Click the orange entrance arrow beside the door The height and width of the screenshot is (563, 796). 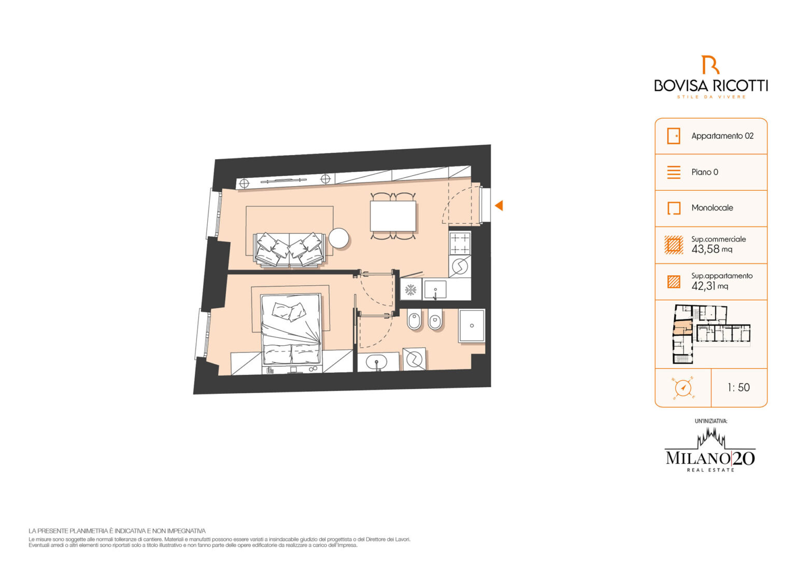(x=499, y=205)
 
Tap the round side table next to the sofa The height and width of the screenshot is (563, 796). (x=338, y=238)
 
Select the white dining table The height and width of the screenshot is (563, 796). (x=393, y=216)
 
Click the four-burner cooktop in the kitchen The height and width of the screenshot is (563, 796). (x=460, y=243)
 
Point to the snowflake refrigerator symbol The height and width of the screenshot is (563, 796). (x=411, y=290)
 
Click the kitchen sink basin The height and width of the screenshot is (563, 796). (x=435, y=289)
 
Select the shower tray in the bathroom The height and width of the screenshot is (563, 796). (x=472, y=326)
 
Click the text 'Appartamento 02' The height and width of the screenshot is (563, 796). (x=722, y=136)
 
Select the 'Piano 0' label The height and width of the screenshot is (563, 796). (x=705, y=172)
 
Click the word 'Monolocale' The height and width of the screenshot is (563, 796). (x=712, y=207)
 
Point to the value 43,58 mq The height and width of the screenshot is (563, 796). (x=712, y=249)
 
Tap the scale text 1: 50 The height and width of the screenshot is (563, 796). (x=738, y=387)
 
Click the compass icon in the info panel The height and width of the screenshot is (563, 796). (x=683, y=387)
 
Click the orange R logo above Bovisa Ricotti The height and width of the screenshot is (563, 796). (x=710, y=65)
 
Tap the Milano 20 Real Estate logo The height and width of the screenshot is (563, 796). (x=710, y=451)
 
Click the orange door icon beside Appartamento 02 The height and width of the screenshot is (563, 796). (x=673, y=136)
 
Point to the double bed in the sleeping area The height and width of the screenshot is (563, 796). (x=291, y=329)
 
